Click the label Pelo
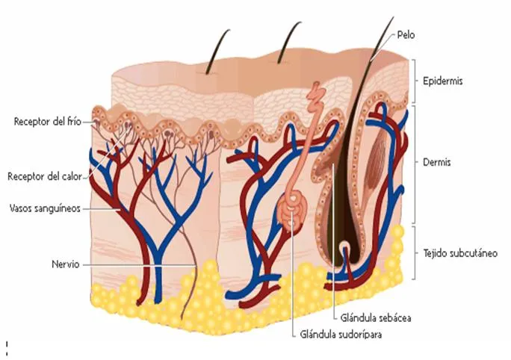[x=406, y=34]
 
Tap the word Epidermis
[x=442, y=81]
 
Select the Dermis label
[x=437, y=162]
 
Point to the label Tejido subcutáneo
[x=460, y=253]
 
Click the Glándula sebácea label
[x=376, y=317]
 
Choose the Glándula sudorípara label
[x=341, y=335]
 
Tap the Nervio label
[x=66, y=264]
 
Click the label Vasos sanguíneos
[x=45, y=208]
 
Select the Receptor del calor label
[x=45, y=176]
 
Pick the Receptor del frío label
[x=48, y=122]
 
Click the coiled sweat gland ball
[x=292, y=211]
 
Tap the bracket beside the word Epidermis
[x=414, y=81]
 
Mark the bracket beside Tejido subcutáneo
[x=414, y=253]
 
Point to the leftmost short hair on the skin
[x=217, y=51]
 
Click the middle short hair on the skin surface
[x=289, y=42]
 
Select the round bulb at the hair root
[x=345, y=251]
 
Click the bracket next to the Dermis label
[x=414, y=164]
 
